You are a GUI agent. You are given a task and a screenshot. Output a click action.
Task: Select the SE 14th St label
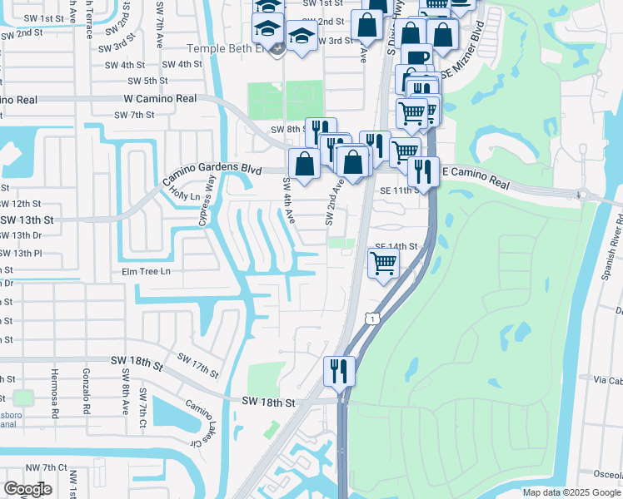coord(395,246)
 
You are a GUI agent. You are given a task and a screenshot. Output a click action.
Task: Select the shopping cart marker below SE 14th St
coord(383,263)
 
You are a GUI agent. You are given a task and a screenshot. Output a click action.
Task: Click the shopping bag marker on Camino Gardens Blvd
coord(305,162)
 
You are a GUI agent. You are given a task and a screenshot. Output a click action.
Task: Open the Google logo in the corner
coord(27,489)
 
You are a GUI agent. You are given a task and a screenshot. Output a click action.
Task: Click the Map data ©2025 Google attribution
coord(571,492)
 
